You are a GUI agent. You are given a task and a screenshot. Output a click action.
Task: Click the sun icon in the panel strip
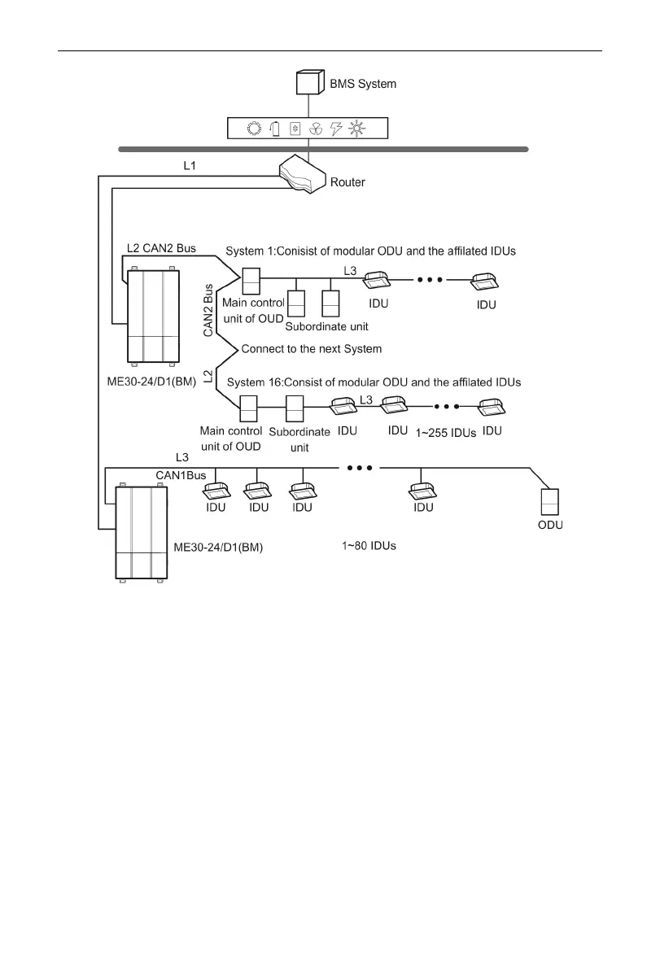[x=356, y=129]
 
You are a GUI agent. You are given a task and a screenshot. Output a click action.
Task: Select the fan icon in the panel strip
[x=316, y=129]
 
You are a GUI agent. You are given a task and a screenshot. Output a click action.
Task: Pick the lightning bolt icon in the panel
[x=335, y=129]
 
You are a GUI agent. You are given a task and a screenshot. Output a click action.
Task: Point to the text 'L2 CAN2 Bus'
[x=161, y=247]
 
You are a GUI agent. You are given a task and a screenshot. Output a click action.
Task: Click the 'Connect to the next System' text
[x=312, y=348]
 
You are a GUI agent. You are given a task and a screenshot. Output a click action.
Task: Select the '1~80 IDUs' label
[x=369, y=545]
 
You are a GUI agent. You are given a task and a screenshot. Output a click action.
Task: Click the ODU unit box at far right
[x=550, y=501]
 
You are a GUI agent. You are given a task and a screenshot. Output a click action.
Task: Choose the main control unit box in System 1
[x=251, y=281]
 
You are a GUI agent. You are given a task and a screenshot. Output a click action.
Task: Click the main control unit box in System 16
[x=247, y=407]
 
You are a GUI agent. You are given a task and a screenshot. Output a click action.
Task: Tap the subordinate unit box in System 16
[x=295, y=407]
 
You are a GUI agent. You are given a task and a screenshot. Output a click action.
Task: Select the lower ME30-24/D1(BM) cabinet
[x=142, y=531]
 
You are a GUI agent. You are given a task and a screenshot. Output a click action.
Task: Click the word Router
[x=347, y=182]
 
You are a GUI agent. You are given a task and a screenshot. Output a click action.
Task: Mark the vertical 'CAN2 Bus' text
[x=208, y=310]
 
